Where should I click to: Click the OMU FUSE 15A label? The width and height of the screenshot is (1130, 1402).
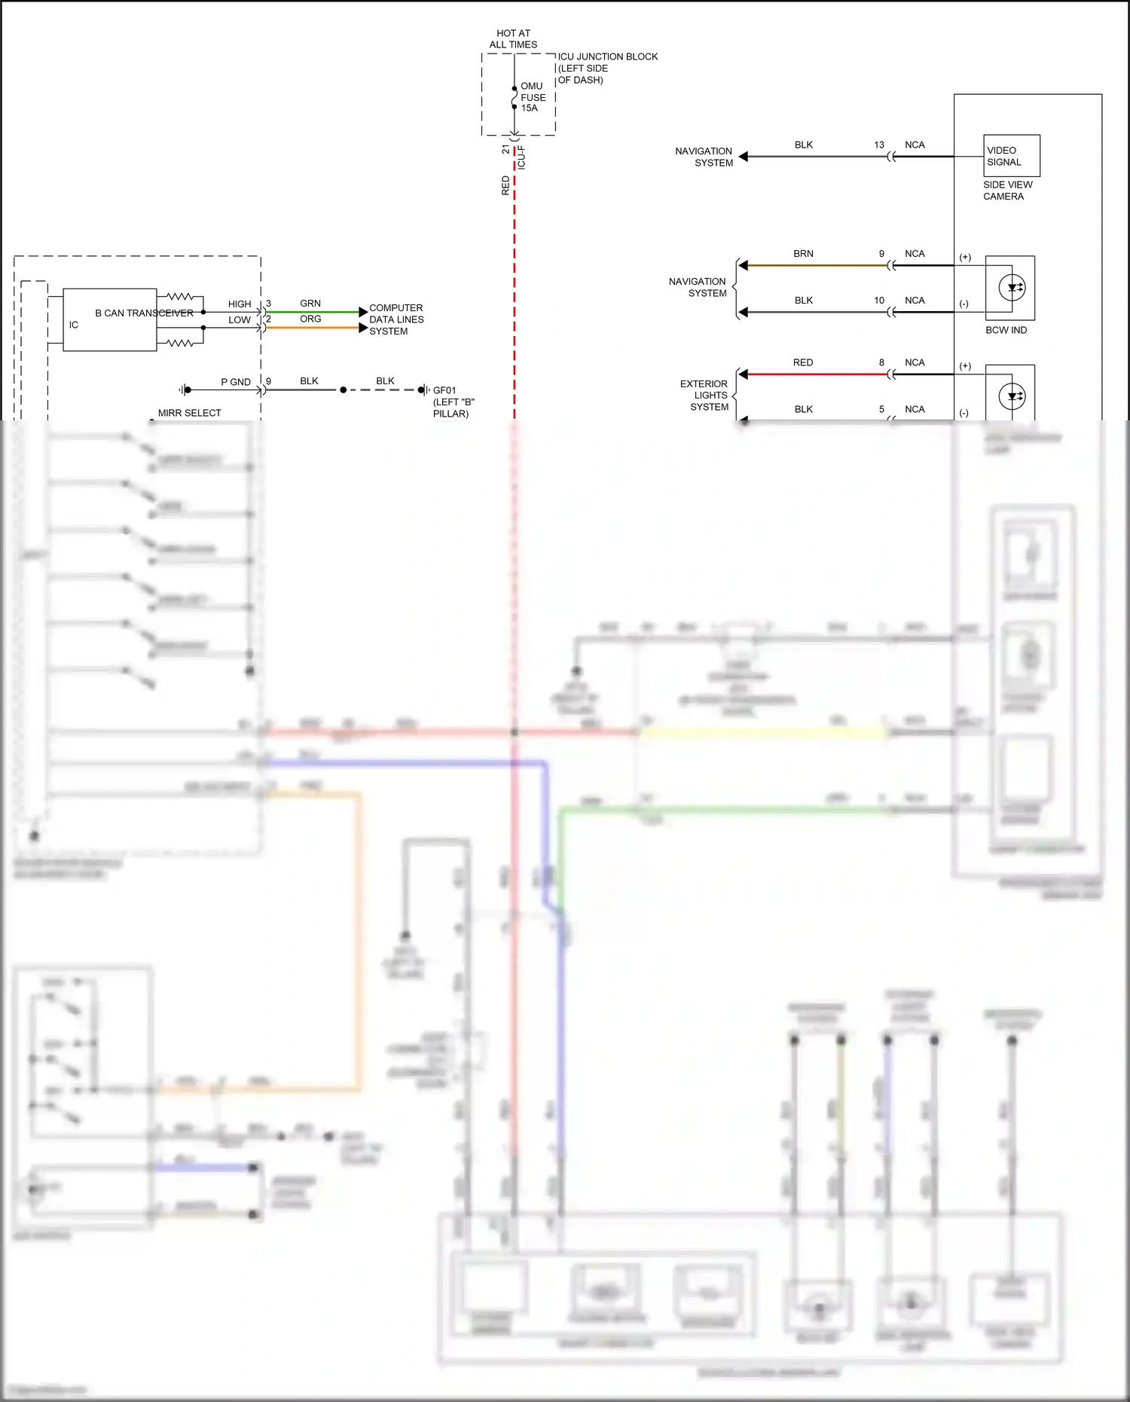[x=533, y=97]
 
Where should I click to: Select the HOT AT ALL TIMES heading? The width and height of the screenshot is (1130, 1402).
[x=513, y=39]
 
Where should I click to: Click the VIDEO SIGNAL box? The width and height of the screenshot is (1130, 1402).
[x=1012, y=156]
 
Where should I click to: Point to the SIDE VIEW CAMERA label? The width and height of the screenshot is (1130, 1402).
[x=1007, y=191]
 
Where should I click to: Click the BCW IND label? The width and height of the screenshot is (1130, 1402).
[x=1006, y=330]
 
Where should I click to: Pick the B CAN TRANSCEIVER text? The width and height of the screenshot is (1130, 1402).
[x=144, y=313]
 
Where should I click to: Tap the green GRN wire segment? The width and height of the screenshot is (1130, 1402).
[x=312, y=312]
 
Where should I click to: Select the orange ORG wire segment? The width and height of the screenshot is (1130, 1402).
[x=312, y=328]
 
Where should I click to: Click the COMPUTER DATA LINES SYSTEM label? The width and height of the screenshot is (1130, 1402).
[x=396, y=319]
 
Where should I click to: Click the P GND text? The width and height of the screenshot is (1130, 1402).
[x=235, y=382]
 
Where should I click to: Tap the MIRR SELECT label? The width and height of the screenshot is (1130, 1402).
[x=189, y=413]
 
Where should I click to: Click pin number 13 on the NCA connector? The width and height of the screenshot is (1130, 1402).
[x=879, y=145]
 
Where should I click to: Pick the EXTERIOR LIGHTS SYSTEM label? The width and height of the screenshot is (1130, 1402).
[x=704, y=395]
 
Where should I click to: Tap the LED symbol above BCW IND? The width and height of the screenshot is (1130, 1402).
[x=1012, y=287]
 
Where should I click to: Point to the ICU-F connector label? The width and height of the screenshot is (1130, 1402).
[x=521, y=157]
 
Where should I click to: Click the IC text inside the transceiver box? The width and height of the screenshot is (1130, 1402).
[x=74, y=325]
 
